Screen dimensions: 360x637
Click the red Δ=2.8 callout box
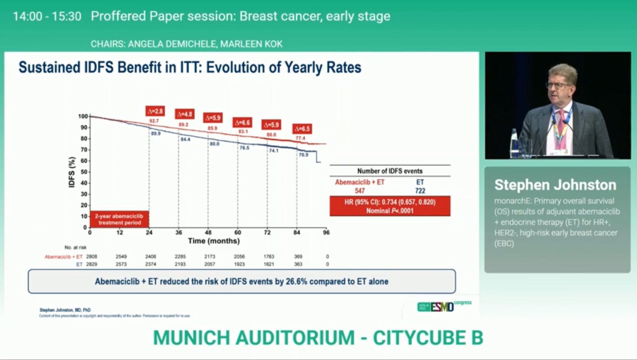click(155, 111)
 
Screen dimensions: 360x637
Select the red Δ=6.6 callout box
click(242, 122)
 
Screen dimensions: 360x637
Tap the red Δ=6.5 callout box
click(302, 129)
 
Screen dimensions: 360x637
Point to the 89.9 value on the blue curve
click(156, 133)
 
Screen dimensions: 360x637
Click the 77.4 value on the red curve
click(300, 138)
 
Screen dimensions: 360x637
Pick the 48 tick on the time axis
click(208, 232)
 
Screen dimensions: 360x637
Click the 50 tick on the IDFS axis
click(84, 172)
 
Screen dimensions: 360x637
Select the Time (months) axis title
click(214, 241)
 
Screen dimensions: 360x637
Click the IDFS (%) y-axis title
click(72, 172)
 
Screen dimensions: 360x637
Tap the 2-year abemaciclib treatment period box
click(119, 219)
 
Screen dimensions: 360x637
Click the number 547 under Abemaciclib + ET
click(360, 191)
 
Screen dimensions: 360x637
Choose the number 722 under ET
click(420, 191)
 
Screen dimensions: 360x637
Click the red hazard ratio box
click(390, 206)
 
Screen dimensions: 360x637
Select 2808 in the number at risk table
click(92, 257)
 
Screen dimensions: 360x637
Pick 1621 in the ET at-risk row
click(269, 264)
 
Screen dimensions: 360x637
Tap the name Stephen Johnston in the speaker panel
click(555, 185)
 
